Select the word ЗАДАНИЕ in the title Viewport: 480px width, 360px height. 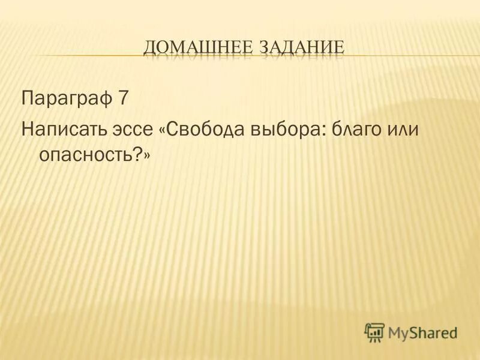tap(302, 47)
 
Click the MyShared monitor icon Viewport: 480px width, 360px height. tap(374, 331)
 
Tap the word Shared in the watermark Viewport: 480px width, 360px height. tap(436, 331)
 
